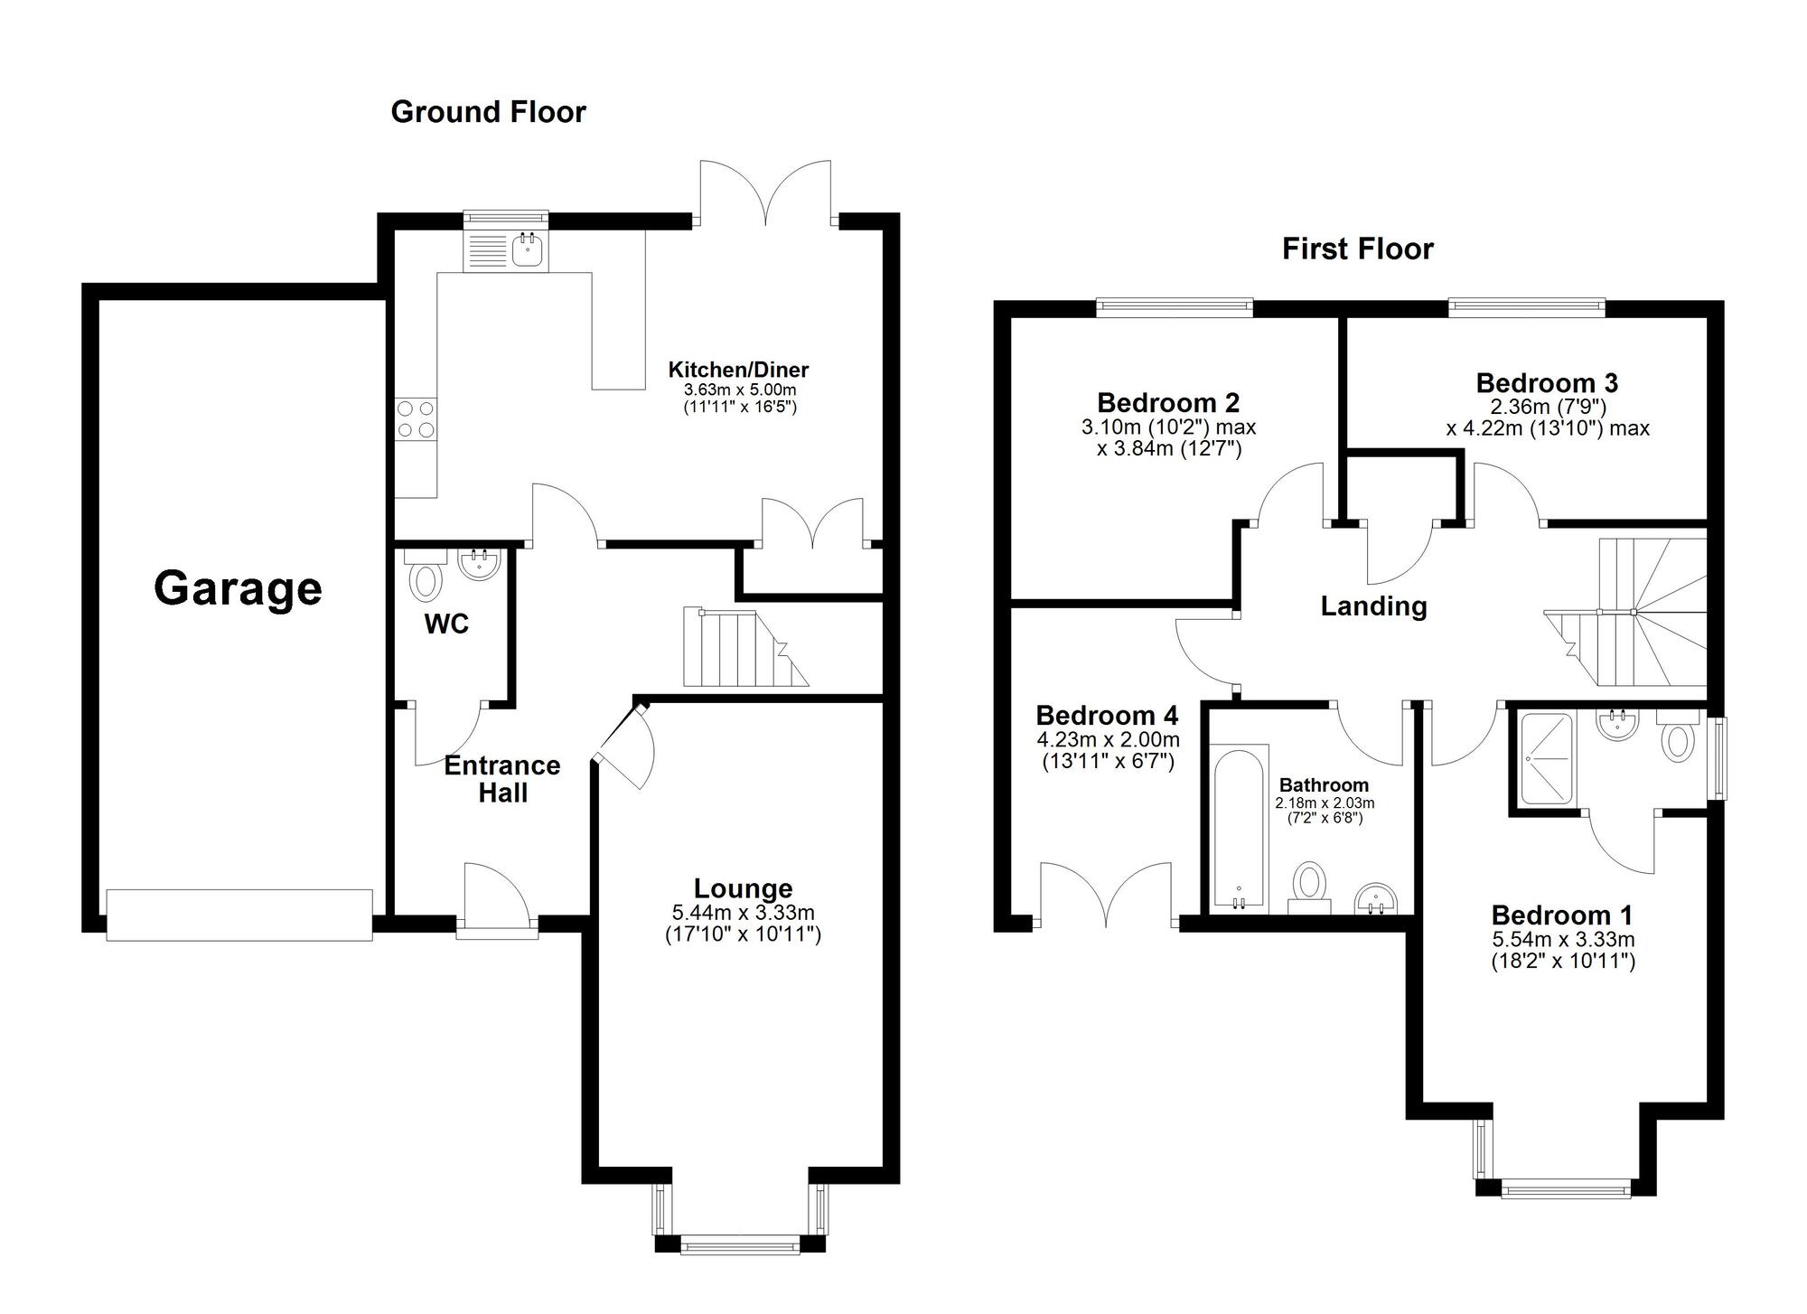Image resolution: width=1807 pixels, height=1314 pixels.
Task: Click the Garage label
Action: [238, 589]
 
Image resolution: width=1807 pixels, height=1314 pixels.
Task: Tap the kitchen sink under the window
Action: [526, 249]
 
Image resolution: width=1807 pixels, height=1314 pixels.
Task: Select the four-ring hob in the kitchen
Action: [416, 419]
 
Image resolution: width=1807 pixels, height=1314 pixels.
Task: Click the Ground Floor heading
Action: [488, 112]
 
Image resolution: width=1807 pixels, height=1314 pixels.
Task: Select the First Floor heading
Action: [1357, 249]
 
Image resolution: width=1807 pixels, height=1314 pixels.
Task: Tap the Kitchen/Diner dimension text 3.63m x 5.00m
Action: [740, 390]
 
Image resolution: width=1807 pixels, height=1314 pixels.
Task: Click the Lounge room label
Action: [743, 888]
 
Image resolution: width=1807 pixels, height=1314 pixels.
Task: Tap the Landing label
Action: [1373, 606]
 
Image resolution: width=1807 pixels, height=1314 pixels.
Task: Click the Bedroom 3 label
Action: [1547, 383]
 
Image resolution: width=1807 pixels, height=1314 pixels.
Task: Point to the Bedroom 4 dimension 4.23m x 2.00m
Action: [1108, 740]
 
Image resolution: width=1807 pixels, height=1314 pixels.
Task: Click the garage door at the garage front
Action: [239, 915]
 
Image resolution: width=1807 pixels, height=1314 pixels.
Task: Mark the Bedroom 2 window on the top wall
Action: [1175, 308]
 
